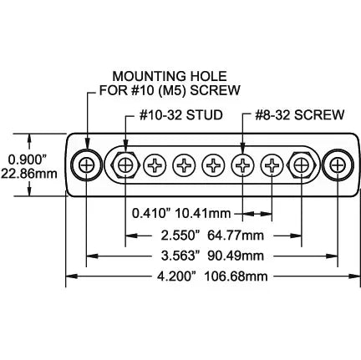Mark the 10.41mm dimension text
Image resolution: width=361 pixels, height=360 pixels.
(x=209, y=212)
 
